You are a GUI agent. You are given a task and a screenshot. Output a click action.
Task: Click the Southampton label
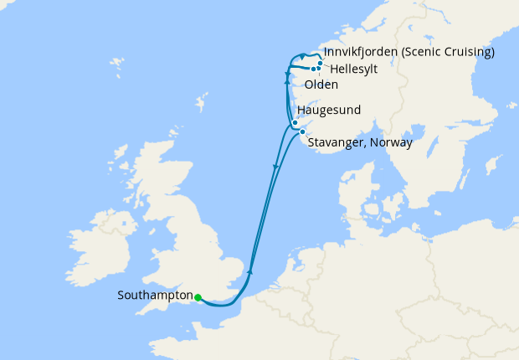click(155, 296)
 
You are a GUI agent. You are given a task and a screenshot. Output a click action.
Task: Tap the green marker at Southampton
click(198, 297)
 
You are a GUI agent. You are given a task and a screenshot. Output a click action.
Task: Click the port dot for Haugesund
click(295, 123)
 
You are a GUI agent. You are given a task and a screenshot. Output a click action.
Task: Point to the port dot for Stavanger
click(301, 132)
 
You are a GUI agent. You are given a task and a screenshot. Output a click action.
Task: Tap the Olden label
click(321, 85)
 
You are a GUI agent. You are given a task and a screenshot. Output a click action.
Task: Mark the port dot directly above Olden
click(313, 69)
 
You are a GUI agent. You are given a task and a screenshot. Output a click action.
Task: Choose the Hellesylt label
click(353, 69)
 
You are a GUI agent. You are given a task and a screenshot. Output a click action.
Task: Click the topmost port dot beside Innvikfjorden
click(321, 63)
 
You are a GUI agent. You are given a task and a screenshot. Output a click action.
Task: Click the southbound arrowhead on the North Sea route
click(275, 169)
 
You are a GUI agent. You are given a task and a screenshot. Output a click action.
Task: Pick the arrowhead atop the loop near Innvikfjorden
click(302, 57)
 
